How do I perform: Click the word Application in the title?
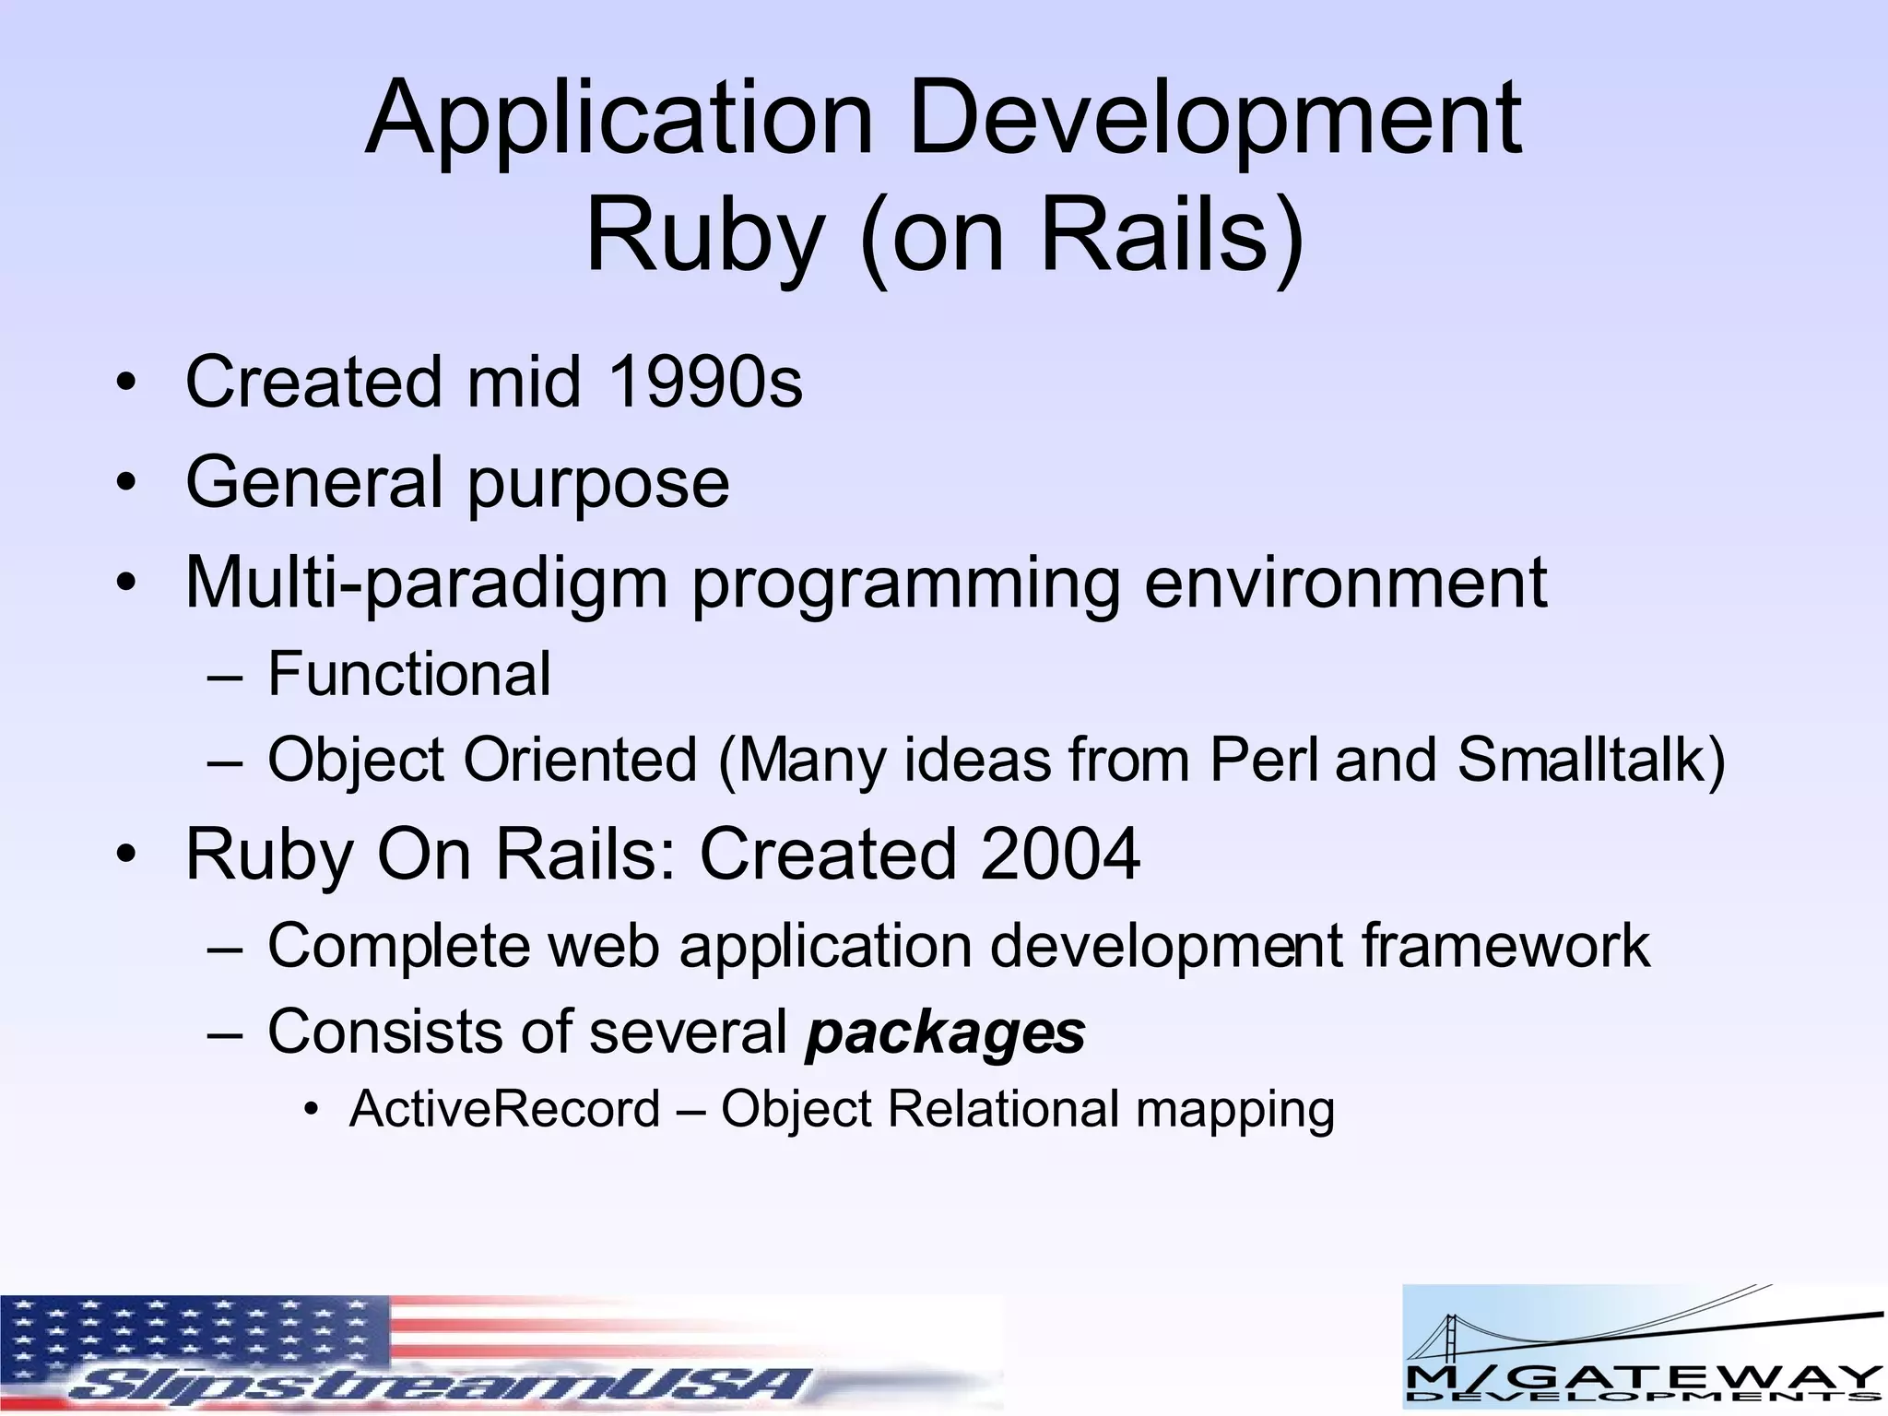click(x=618, y=120)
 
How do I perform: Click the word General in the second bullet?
click(x=314, y=481)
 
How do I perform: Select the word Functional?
click(x=409, y=674)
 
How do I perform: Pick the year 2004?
click(x=1060, y=855)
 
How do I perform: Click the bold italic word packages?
click(x=945, y=1032)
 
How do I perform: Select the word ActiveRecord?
click(x=504, y=1109)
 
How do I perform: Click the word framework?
click(x=1505, y=946)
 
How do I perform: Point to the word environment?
click(x=1345, y=583)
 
